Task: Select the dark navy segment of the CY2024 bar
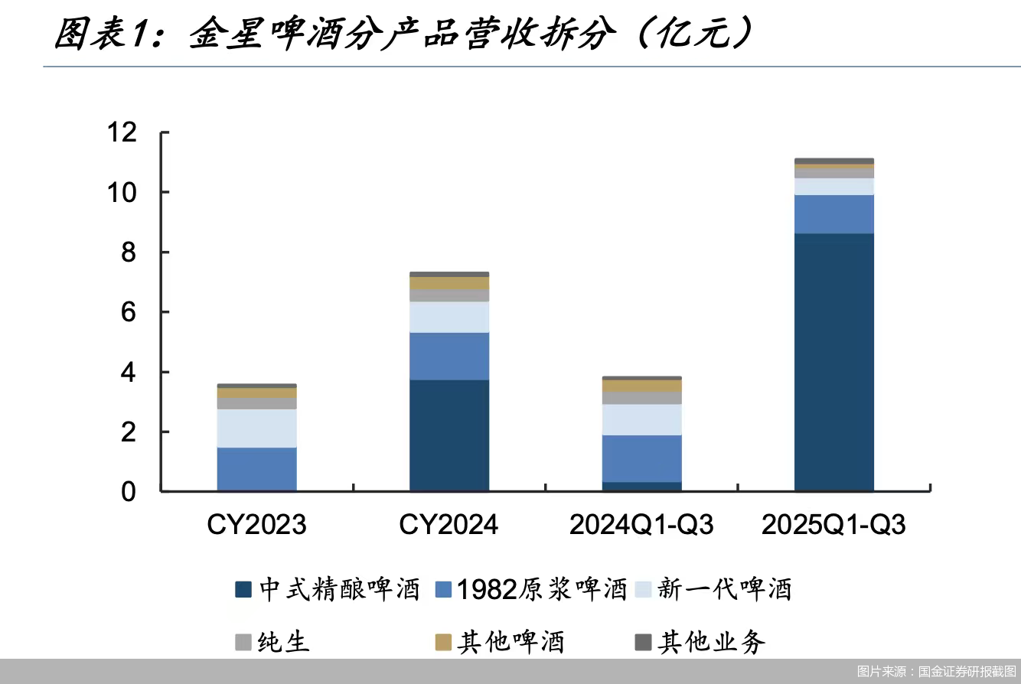tap(449, 435)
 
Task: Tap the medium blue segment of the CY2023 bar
tap(256, 468)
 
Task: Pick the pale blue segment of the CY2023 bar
tap(256, 428)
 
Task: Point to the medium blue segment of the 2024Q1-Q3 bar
tap(641, 458)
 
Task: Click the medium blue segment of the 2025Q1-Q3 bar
tap(834, 214)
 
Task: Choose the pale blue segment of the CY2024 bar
tap(449, 317)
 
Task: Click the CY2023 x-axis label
tap(256, 525)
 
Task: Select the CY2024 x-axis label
tap(449, 525)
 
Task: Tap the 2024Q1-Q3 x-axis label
tap(641, 525)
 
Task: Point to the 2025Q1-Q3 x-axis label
tap(833, 525)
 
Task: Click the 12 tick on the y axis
tap(122, 132)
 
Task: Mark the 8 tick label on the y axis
tap(127, 252)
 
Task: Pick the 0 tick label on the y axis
tap(127, 492)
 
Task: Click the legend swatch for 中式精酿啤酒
tap(243, 589)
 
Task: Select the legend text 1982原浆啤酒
tap(542, 589)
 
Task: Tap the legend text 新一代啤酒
tap(724, 589)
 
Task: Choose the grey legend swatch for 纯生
tap(243, 642)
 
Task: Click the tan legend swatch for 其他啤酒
tap(443, 642)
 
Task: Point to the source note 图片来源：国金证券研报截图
tap(936, 671)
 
